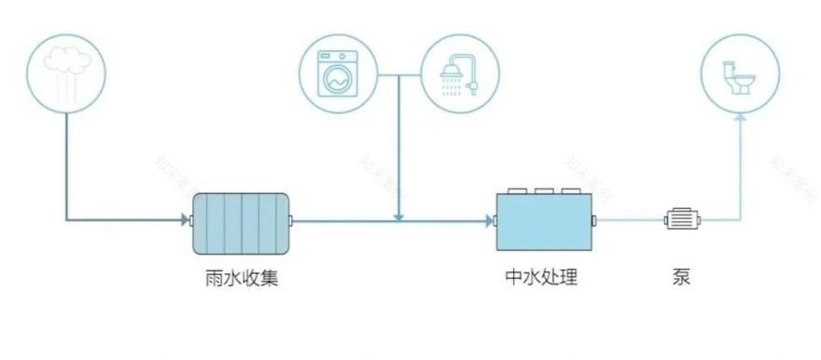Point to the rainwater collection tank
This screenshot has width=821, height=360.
click(241, 222)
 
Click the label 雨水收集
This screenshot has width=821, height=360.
click(241, 278)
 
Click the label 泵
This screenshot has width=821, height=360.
click(681, 278)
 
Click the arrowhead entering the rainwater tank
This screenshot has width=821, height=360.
click(184, 221)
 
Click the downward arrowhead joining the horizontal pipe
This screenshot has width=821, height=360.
click(398, 216)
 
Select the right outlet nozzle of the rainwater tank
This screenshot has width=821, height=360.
click(293, 221)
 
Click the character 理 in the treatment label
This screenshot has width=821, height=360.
click(569, 278)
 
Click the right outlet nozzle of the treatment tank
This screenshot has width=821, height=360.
click(595, 221)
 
